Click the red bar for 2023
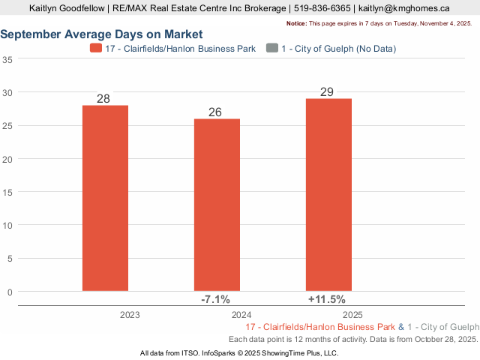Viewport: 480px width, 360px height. [x=105, y=198]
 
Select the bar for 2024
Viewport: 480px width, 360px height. [x=217, y=205]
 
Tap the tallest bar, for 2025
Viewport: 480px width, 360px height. [x=328, y=194]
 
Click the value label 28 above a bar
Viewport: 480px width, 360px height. [x=105, y=99]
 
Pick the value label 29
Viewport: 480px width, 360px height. [x=328, y=92]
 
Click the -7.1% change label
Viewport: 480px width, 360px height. [x=217, y=299]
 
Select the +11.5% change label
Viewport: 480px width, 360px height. [x=328, y=299]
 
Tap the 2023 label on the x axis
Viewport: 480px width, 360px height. [x=130, y=316]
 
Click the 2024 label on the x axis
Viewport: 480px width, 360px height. [x=241, y=316]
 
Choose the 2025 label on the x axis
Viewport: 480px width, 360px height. [x=353, y=316]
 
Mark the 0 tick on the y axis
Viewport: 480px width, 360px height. [x=10, y=292]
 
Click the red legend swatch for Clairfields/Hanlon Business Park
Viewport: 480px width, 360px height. [x=96, y=49]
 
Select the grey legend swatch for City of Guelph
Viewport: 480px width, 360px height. [x=271, y=49]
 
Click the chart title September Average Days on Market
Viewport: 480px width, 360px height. [x=101, y=35]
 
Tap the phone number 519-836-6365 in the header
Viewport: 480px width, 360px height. [x=321, y=8]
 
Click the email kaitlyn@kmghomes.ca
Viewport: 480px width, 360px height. [x=403, y=8]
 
